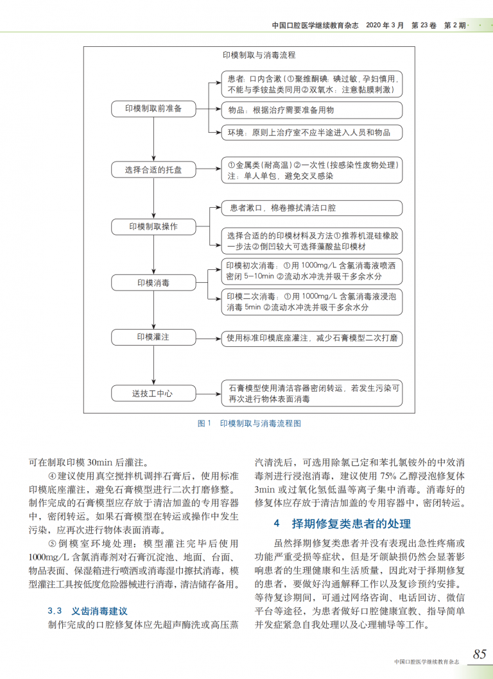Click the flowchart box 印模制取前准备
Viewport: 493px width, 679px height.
coord(153,109)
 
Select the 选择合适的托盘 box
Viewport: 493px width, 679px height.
coord(153,170)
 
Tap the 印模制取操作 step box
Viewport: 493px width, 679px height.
coord(153,227)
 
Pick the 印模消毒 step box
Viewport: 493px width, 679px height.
coord(153,283)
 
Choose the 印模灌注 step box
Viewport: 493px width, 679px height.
coord(153,337)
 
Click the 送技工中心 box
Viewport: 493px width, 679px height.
coord(153,393)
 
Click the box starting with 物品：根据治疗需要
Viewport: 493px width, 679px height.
coord(312,110)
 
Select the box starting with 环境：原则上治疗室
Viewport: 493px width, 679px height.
coord(312,133)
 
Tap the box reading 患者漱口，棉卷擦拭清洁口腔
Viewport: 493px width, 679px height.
coord(312,208)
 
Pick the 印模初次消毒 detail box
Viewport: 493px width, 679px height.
coord(312,271)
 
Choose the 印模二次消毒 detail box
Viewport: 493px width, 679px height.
coord(312,302)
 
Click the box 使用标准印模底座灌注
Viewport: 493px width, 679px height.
coord(312,337)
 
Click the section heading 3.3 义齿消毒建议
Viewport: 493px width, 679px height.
coord(88,611)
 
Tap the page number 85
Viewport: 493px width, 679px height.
coord(480,654)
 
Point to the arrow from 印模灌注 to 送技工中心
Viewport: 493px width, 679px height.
coord(153,365)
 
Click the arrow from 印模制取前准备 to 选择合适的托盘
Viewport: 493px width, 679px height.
coord(153,139)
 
